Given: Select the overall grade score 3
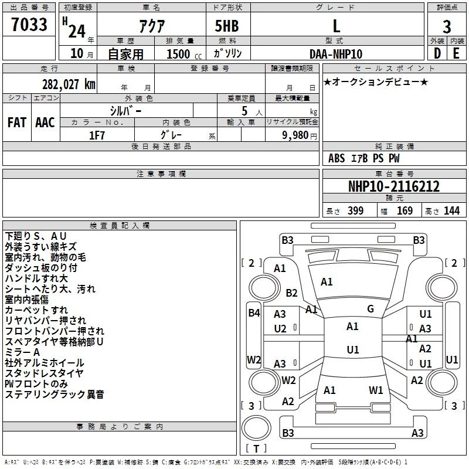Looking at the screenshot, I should coord(447,27).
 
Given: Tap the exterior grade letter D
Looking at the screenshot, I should coord(437,53).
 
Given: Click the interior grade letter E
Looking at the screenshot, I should coord(456,53).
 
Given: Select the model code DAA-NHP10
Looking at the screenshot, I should coord(336,54).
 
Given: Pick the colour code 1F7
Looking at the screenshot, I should coord(97,134).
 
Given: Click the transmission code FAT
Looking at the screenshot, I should coord(17,122).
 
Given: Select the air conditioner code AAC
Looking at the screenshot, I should coord(45,122).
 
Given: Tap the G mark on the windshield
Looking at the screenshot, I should coord(371,309).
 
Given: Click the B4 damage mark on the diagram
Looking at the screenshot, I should coord(253,313).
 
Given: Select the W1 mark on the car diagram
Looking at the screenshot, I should coord(376,390).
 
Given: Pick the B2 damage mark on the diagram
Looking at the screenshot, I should coord(291,293).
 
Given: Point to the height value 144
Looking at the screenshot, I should coord(451,211).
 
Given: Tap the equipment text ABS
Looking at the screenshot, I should coord(337,158).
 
